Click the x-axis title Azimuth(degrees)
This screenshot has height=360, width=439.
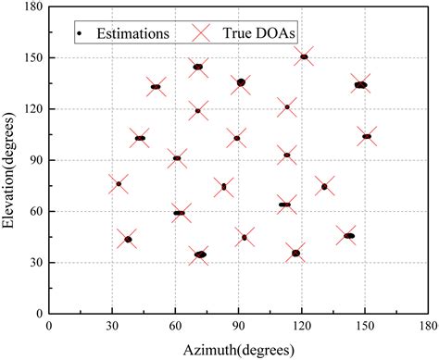coord(238,349)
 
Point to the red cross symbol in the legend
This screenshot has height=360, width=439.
coord(204,32)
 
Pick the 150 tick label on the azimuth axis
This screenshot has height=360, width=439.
coord(364,327)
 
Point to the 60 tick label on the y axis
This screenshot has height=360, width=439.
coord(33,212)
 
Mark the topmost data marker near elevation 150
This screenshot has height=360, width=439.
coord(304,56)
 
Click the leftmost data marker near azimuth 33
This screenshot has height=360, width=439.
coord(118,183)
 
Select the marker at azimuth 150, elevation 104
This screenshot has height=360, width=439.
coord(367,136)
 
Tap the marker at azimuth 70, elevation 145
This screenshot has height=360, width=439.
coord(198,67)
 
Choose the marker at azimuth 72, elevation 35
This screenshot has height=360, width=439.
coord(200,254)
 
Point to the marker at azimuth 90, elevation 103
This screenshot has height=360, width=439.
coord(237,138)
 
